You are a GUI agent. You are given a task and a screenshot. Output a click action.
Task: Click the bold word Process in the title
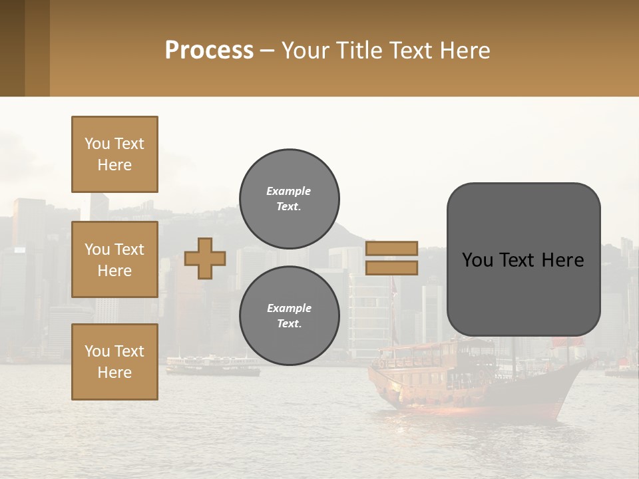pos(209,51)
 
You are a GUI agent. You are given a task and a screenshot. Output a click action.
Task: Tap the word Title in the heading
pos(360,51)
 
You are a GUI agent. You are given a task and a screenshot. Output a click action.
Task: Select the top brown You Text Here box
pos(114,154)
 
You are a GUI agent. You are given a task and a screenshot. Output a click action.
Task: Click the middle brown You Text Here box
pos(114,259)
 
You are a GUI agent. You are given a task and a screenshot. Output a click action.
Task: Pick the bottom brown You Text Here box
pos(114,361)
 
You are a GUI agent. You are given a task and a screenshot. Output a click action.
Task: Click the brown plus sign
pos(205,258)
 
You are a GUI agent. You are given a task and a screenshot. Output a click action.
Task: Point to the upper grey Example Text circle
pos(289,199)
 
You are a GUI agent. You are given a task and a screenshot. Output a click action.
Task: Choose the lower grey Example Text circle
pos(289,316)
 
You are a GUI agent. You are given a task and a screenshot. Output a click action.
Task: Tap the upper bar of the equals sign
pos(391,248)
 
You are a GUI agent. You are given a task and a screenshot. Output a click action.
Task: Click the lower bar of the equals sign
pos(391,267)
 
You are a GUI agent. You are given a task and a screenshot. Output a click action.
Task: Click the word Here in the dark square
pos(562,260)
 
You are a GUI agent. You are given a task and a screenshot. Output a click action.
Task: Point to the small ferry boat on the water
pos(212,365)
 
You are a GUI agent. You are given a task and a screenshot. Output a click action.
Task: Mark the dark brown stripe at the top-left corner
pos(12,48)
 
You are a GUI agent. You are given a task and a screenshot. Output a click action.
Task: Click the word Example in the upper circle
pos(288,191)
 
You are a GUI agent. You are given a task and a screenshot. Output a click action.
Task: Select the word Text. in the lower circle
pos(288,324)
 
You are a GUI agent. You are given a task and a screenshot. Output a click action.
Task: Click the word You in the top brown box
pos(97,144)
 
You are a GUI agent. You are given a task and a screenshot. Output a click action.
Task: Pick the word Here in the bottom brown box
pos(114,373)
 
